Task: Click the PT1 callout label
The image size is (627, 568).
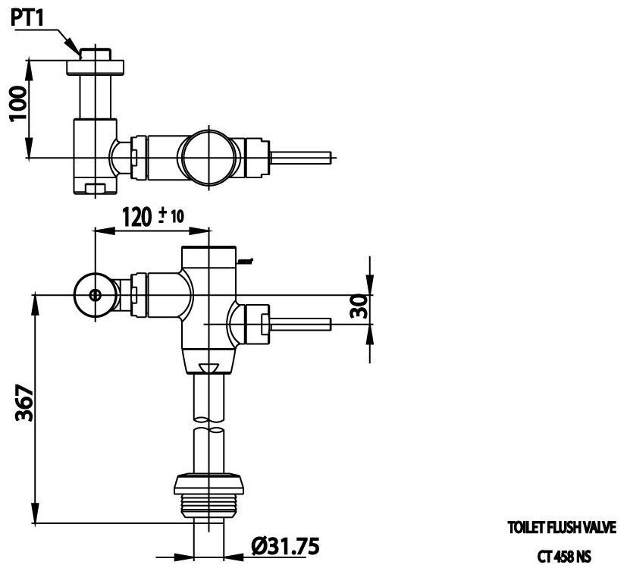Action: coord(27,19)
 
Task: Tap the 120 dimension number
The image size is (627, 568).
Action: coord(137,218)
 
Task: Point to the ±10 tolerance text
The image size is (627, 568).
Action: coord(172,215)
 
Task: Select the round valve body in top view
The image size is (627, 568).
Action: coord(212,157)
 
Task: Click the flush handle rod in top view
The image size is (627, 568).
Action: coord(303,158)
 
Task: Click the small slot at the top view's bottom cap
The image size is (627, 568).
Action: coord(95,187)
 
